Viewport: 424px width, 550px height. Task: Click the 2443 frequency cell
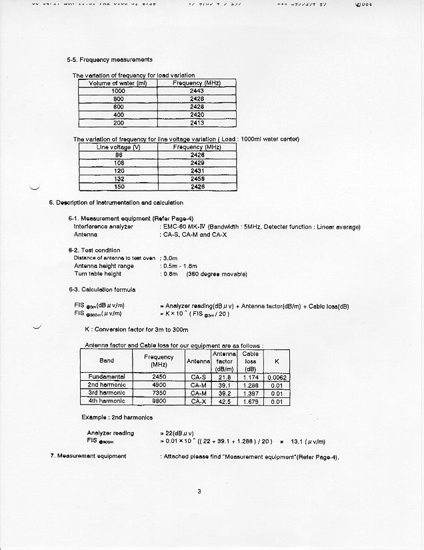(x=197, y=91)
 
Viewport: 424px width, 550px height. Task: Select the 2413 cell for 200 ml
(x=197, y=123)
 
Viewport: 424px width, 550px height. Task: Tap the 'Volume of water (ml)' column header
(x=118, y=83)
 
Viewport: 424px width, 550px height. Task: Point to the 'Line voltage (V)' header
(x=118, y=147)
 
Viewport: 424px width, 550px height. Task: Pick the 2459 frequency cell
(x=197, y=179)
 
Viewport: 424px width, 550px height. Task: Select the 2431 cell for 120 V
(x=197, y=171)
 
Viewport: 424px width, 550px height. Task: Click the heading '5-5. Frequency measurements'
(x=109, y=60)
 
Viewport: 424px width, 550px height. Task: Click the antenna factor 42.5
(x=225, y=401)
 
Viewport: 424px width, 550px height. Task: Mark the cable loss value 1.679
(x=250, y=401)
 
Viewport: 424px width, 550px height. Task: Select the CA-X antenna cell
(x=198, y=401)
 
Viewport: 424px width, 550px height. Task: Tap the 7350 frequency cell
(x=159, y=393)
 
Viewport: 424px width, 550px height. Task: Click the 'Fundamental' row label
(x=107, y=377)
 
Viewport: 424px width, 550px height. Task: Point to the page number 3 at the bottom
(x=199, y=492)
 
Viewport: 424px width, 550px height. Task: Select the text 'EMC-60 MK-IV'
(x=185, y=227)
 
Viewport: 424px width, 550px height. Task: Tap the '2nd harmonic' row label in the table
(x=107, y=385)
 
